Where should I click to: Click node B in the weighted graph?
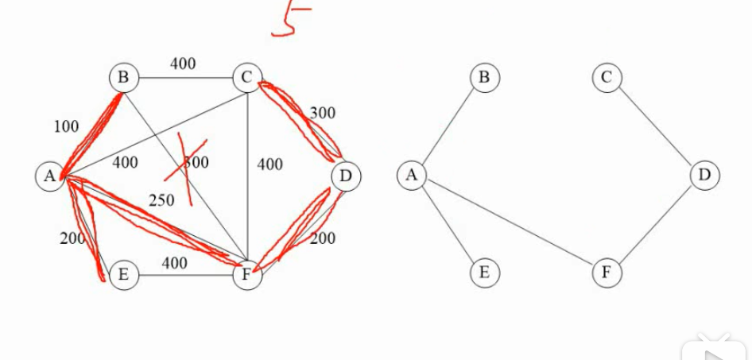click(x=124, y=78)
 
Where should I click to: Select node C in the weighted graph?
click(x=247, y=78)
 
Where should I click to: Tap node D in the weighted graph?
click(x=346, y=176)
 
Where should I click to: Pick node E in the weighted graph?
click(x=124, y=275)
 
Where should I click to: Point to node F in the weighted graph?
click(x=247, y=276)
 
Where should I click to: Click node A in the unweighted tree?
click(x=412, y=175)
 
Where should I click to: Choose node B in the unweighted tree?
click(x=484, y=77)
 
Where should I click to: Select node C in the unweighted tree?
click(x=607, y=77)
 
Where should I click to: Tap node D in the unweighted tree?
click(x=704, y=175)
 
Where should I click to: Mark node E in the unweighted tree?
click(x=484, y=273)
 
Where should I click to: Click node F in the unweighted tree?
click(x=607, y=273)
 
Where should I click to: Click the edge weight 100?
click(x=67, y=126)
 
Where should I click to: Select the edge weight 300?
click(x=322, y=113)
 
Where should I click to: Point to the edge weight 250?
click(x=161, y=200)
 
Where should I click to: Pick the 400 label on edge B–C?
click(x=183, y=64)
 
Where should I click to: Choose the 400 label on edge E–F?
click(x=175, y=263)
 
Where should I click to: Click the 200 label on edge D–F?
click(x=323, y=238)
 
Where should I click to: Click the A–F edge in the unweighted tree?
click(x=509, y=223)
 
